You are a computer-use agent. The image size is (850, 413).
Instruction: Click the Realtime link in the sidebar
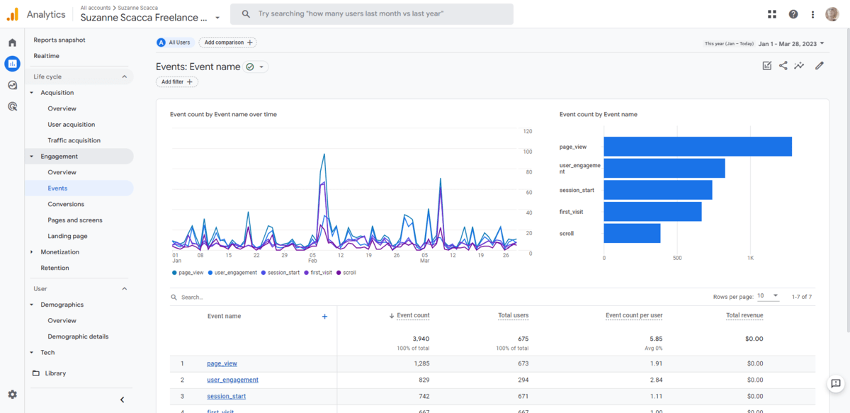click(46, 56)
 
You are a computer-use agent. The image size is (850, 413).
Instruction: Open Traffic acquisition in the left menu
click(74, 140)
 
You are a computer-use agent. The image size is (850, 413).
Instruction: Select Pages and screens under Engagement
click(74, 220)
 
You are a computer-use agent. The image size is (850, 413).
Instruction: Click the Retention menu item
click(55, 268)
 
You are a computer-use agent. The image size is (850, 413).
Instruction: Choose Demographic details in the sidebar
click(78, 336)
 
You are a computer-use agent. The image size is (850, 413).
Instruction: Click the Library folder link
click(55, 373)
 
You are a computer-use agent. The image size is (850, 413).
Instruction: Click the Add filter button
click(176, 82)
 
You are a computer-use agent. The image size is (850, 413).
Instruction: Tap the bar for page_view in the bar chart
click(697, 147)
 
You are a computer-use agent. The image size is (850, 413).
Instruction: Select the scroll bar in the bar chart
click(632, 233)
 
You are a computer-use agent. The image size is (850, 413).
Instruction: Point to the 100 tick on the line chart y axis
click(528, 152)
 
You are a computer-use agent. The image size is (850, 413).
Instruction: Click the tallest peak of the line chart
click(324, 154)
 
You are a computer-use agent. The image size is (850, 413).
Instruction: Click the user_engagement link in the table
click(232, 380)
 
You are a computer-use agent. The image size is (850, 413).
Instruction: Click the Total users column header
click(513, 315)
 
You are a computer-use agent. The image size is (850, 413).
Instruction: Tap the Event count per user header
click(633, 315)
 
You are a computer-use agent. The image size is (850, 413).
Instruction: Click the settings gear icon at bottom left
click(12, 395)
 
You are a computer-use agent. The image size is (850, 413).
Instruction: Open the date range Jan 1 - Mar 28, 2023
click(790, 44)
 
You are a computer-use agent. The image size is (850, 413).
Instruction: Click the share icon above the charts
click(783, 66)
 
